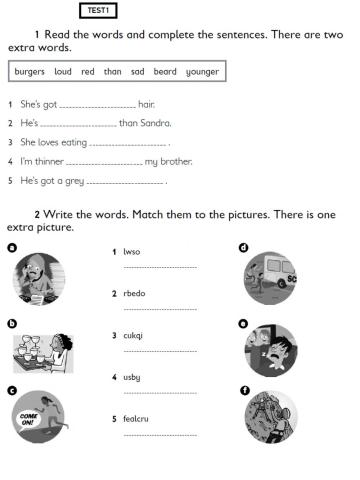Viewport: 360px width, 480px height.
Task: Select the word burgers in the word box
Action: [31, 72]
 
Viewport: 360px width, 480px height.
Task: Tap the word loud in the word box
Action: [63, 72]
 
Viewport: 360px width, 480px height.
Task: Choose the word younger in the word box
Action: [203, 72]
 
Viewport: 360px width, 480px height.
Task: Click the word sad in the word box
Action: [137, 72]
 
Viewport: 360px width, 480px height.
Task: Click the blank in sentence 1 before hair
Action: [97, 105]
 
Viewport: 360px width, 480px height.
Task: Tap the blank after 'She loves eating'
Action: [135, 143]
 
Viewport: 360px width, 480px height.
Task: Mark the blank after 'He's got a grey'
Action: [126, 182]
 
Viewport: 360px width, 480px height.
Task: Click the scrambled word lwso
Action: [131, 252]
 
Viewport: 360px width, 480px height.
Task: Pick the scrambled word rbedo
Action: [133, 294]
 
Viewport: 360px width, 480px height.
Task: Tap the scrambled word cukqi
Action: [133, 335]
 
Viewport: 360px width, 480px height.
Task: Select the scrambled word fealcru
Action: [136, 419]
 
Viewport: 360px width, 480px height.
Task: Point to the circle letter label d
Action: [243, 247]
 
